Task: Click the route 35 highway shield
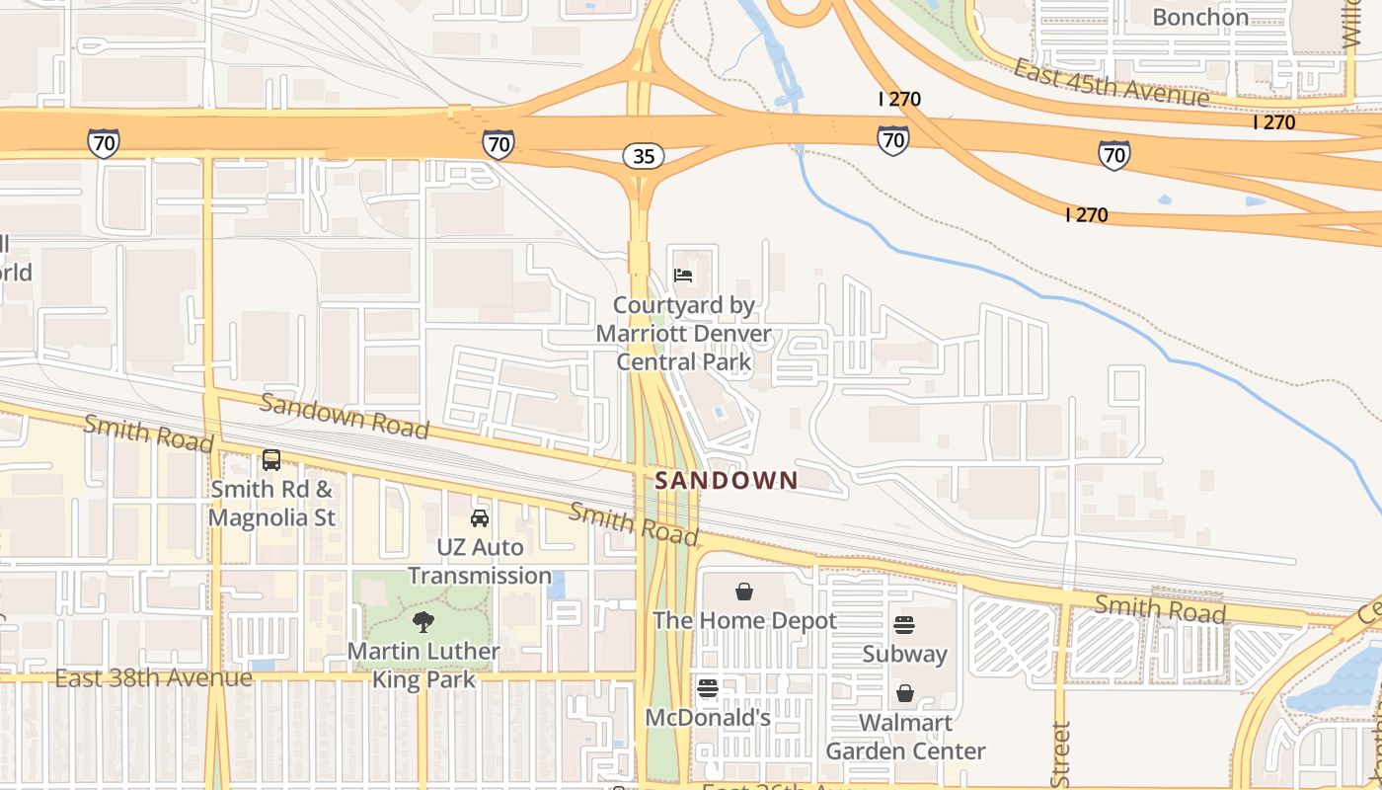coord(643,156)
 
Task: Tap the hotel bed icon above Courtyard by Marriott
coord(683,276)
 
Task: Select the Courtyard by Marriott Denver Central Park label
coord(684,334)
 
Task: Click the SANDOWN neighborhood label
coord(727,481)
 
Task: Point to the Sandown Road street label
coord(345,416)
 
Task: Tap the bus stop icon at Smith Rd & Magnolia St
coord(270,460)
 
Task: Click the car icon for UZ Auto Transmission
coord(480,518)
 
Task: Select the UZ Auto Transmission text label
coord(480,561)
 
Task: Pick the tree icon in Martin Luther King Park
coord(423,622)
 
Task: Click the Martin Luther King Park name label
coord(423,666)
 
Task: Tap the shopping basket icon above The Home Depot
coord(744,592)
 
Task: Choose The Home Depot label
coord(744,621)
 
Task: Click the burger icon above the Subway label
coord(904,625)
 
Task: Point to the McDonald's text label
coord(708,718)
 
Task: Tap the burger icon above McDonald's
coord(708,688)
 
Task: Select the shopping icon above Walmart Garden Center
coord(905,693)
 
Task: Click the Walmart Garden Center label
coord(905,737)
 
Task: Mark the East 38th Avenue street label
coord(153,678)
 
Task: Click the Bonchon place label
coord(1199,17)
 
